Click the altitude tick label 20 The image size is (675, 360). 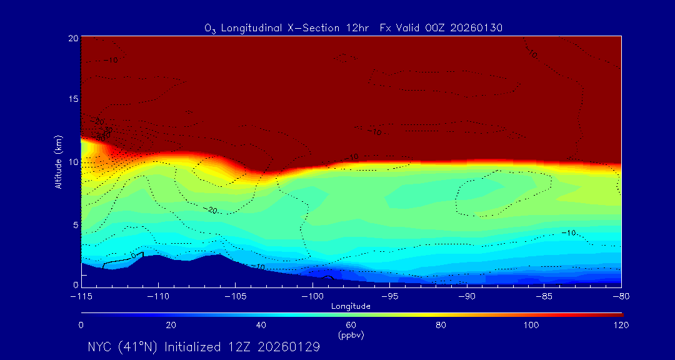(72, 38)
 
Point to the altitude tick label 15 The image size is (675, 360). (72, 99)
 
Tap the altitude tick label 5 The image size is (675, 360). (74, 224)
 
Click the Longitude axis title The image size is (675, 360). (351, 306)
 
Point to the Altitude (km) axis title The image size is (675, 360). (58, 161)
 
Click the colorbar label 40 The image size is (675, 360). (261, 325)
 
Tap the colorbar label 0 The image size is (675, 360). (81, 325)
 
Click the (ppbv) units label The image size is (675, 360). (351, 335)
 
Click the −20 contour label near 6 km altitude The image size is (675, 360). (211, 210)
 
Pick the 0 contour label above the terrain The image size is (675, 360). (132, 256)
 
